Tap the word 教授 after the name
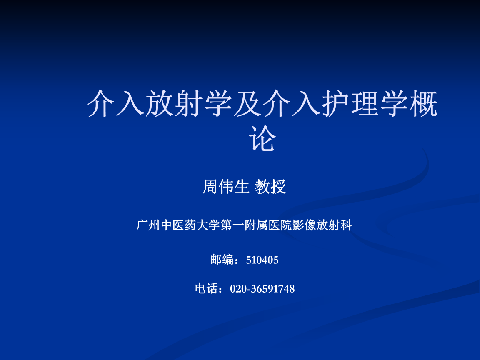pyautogui.click(x=270, y=187)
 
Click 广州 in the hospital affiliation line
pyautogui.click(x=148, y=225)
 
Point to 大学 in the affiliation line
pyautogui.click(x=209, y=225)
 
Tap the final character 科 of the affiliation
pyautogui.click(x=347, y=225)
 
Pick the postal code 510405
pyautogui.click(x=262, y=260)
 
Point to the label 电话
pyautogui.click(x=206, y=288)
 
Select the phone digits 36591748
pyautogui.click(x=273, y=289)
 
